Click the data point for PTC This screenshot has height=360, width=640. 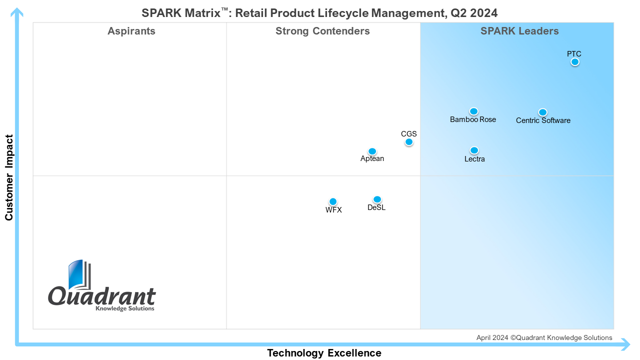point(575,62)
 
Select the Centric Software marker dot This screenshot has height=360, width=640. point(542,112)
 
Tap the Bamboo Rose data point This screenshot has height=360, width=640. point(473,111)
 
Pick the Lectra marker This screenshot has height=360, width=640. point(474,150)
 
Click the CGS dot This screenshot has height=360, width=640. point(409,142)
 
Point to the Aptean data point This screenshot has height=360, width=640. point(372,151)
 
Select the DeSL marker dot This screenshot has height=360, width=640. point(377,199)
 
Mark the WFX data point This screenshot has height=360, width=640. point(333,202)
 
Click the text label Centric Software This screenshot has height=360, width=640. point(543,120)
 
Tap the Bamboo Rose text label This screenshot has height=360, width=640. point(473,119)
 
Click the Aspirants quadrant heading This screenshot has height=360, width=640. point(131,31)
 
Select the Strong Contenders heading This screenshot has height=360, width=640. point(322,31)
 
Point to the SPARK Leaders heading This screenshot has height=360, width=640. point(519,31)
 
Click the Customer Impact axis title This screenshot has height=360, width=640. point(9,177)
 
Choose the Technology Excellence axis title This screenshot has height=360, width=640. point(324,353)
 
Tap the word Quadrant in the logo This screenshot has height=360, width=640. point(102,296)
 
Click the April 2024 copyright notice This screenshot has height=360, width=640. point(544,338)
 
